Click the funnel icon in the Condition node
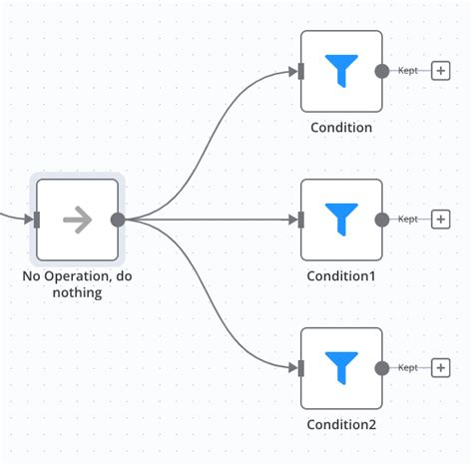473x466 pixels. click(341, 71)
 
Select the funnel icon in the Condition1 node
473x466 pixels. click(341, 220)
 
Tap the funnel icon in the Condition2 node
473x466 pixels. click(341, 368)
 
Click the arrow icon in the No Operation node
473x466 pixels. click(77, 220)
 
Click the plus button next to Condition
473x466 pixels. click(440, 71)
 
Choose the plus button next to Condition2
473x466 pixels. click(440, 368)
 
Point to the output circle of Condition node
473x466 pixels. click(381, 71)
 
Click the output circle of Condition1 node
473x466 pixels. click(381, 220)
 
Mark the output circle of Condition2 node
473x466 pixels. click(381, 368)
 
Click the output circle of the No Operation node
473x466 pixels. click(118, 220)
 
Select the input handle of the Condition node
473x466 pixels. click(300, 71)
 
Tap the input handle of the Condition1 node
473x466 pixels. click(300, 220)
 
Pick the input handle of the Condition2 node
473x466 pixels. click(300, 368)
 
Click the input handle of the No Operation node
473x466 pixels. click(37, 220)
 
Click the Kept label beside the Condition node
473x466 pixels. click(407, 71)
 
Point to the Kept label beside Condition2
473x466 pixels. click(407, 368)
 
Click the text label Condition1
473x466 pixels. click(341, 275)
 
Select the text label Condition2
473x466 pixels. click(341, 424)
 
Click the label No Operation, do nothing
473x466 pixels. click(77, 284)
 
